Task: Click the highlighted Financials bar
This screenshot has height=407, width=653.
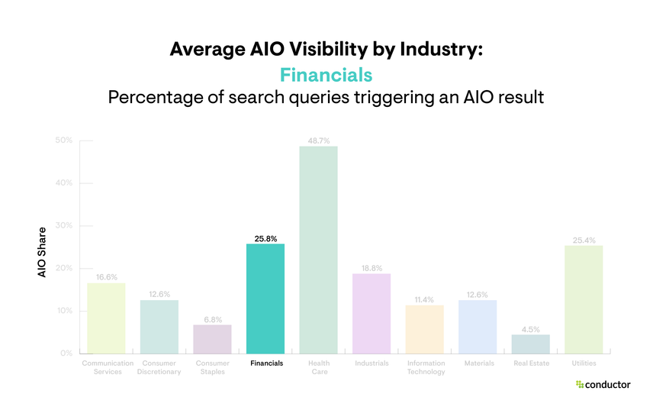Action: (265, 299)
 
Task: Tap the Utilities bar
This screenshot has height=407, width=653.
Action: (584, 299)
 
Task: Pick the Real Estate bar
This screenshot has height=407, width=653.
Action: (531, 344)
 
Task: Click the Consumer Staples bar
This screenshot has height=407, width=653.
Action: (212, 339)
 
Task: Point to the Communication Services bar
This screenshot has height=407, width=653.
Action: (106, 318)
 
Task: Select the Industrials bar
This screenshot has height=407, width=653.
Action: (372, 313)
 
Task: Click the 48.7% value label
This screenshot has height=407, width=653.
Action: (318, 141)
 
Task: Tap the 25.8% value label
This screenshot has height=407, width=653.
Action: (265, 238)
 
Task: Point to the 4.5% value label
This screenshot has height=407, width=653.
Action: (531, 329)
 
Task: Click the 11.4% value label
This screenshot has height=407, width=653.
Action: (424, 299)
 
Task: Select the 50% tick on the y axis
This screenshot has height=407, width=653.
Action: (64, 141)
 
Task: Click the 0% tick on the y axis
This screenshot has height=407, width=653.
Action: (66, 354)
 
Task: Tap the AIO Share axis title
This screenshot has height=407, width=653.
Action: (43, 252)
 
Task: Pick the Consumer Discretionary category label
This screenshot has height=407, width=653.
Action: (159, 367)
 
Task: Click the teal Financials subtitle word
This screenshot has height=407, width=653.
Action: (326, 75)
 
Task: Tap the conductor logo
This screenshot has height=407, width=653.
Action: (603, 385)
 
